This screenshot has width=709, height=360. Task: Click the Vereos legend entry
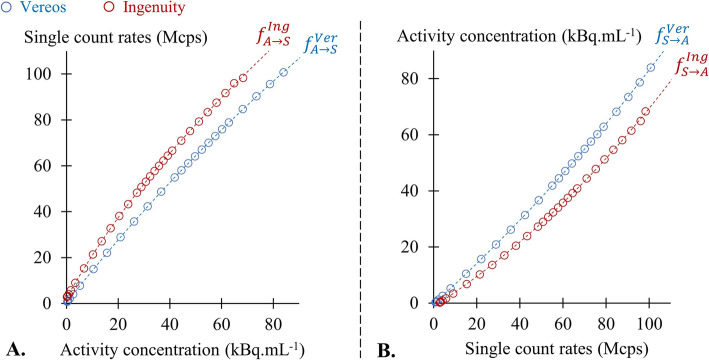click(39, 9)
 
